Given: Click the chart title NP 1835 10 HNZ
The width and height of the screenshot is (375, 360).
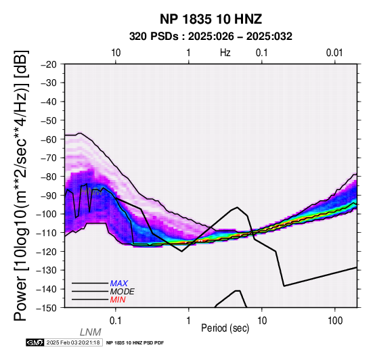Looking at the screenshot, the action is click(211, 19).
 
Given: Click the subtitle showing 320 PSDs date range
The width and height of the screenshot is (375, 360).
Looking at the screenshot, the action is click(211, 37).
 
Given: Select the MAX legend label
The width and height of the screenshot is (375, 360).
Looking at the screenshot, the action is click(119, 284).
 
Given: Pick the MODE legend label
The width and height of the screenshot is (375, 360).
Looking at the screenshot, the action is click(123, 292).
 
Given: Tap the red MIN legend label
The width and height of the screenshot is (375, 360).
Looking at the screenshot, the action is click(118, 300).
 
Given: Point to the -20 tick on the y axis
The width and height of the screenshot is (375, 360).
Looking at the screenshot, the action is click(49, 64).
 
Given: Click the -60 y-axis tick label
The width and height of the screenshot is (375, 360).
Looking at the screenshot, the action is click(49, 139).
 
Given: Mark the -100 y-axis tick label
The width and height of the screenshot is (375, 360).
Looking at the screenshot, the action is click(47, 214).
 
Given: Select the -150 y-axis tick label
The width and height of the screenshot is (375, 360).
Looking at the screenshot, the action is click(47, 308).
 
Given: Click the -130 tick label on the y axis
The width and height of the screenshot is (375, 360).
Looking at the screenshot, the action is click(47, 270).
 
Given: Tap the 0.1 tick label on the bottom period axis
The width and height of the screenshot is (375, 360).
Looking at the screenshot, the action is click(116, 321).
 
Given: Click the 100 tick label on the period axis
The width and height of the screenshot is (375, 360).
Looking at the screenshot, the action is click(335, 321).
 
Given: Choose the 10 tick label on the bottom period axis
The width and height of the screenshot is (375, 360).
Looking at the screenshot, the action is click(262, 321).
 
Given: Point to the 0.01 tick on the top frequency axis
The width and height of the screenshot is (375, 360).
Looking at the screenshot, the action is click(334, 53).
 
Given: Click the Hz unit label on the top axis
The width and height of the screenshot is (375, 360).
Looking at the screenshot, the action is click(225, 53).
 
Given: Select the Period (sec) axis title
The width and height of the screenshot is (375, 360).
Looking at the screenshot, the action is click(225, 328).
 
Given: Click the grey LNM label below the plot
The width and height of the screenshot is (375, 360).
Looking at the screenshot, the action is click(91, 332).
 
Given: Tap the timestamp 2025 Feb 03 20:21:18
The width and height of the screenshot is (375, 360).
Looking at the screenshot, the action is click(73, 342).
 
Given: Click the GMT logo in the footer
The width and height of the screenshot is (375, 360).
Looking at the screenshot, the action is click(35, 342).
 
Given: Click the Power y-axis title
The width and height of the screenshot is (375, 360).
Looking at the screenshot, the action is click(21, 185).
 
